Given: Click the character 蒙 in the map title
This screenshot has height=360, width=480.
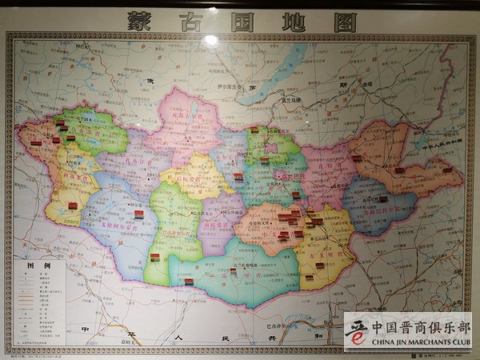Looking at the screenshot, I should point(138,21).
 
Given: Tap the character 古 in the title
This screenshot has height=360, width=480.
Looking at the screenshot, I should point(190,21).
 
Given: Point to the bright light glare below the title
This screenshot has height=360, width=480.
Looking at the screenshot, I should point(210,40).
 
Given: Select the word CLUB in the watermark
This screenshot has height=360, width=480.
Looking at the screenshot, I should point(458,342).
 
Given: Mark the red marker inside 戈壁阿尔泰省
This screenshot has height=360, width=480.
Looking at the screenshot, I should point(138,214).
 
